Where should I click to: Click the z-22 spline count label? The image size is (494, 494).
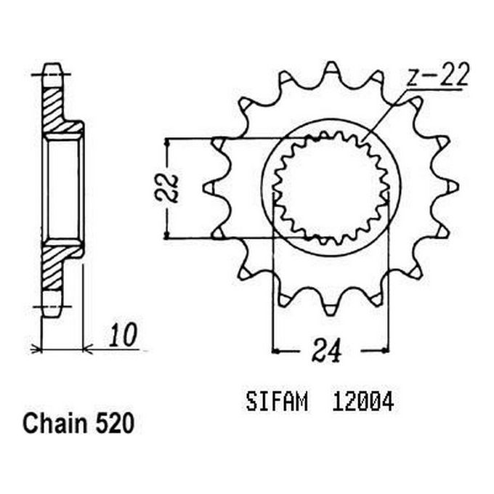click(x=437, y=75)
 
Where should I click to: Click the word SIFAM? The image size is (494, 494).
click(x=277, y=402)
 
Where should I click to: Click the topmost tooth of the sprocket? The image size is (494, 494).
click(x=331, y=70)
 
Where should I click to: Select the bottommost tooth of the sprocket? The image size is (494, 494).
click(x=331, y=305)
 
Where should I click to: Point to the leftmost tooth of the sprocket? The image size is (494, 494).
click(x=209, y=187)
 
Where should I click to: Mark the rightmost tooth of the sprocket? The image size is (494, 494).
click(x=452, y=187)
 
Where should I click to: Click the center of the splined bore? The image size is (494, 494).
click(x=331, y=187)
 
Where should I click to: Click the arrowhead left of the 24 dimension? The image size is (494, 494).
click(x=277, y=351)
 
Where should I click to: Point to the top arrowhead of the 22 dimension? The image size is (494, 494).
click(x=169, y=142)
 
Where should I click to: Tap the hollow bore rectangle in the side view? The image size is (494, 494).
click(x=62, y=187)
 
